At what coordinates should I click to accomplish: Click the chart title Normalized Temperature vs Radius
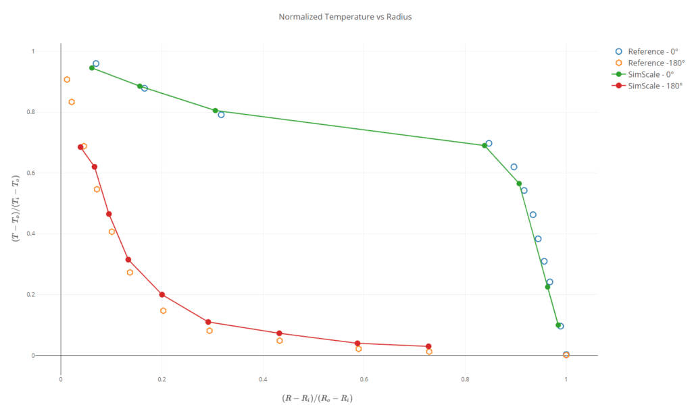[345, 17]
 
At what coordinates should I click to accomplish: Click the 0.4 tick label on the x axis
[263, 379]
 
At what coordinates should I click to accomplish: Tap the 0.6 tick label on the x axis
[364, 379]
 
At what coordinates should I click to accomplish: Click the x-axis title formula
[318, 398]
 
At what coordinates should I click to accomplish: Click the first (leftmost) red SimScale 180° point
[80, 147]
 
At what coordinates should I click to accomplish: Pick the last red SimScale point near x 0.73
[428, 347]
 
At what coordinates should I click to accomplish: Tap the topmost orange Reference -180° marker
[67, 80]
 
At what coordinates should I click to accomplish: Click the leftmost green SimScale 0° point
[92, 67]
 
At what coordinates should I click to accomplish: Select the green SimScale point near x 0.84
[485, 145]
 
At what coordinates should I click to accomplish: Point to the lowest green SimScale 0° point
[558, 325]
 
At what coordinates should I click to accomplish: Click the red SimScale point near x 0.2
[162, 294]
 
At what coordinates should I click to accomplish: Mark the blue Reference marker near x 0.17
[145, 88]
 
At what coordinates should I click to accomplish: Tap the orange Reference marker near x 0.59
[359, 349]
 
